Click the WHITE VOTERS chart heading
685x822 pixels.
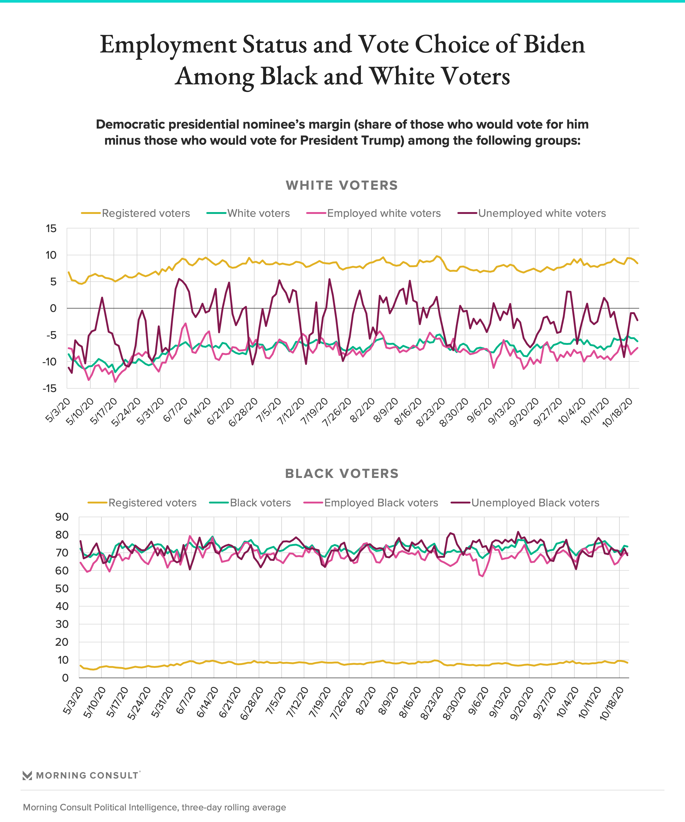tap(342, 185)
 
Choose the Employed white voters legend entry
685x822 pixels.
tap(374, 213)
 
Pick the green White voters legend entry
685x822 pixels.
tap(248, 213)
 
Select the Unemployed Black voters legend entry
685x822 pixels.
tap(525, 503)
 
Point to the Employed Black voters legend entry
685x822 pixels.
tap(371, 503)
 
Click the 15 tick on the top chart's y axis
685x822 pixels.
tap(51, 229)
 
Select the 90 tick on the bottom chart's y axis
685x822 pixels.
tap(62, 517)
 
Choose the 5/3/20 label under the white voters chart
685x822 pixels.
tap(58, 410)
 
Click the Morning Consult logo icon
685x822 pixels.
tap(27, 775)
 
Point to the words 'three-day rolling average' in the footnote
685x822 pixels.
tap(234, 807)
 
